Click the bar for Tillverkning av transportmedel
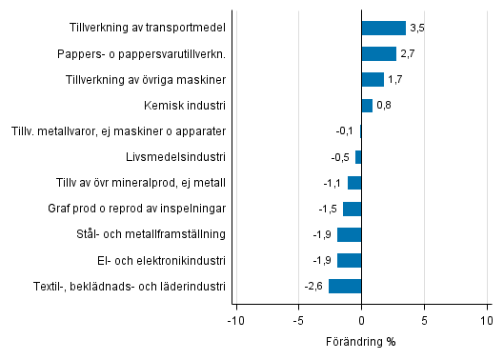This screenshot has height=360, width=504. tap(383, 28)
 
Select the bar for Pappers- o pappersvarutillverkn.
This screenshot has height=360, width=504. tap(378, 53)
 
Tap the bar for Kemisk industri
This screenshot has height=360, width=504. tap(367, 105)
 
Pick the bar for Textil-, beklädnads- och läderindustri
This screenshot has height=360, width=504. tap(345, 286)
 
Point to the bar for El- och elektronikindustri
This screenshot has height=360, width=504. tap(349, 260)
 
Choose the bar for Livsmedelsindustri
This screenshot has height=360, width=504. tap(358, 157)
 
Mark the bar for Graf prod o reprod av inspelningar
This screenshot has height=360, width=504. tap(352, 209)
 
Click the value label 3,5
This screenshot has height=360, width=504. tap(416, 28)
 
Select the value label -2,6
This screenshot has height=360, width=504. tap(313, 286)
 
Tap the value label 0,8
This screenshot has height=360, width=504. tap(383, 105)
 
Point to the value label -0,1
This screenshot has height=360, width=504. tap(345, 130)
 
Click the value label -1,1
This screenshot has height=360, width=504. tap(333, 183)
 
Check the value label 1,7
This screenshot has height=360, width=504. tap(394, 79)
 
